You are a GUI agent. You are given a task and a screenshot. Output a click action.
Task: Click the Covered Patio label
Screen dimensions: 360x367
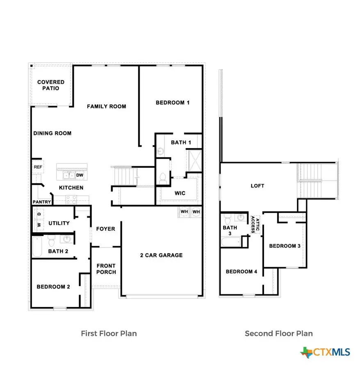pyautogui.click(x=51, y=85)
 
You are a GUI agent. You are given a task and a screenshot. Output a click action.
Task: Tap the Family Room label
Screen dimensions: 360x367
pyautogui.click(x=107, y=106)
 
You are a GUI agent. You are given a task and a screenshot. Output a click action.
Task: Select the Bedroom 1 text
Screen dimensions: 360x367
pyautogui.click(x=173, y=103)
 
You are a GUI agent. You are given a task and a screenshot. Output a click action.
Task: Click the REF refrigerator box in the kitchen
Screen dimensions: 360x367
pyautogui.click(x=38, y=167)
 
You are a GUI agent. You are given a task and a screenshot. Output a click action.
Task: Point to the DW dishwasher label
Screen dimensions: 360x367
pyautogui.click(x=80, y=175)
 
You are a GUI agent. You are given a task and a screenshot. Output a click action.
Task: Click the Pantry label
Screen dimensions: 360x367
pyautogui.click(x=42, y=202)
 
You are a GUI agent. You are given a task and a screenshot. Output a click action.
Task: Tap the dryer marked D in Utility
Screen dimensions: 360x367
pyautogui.click(x=39, y=214)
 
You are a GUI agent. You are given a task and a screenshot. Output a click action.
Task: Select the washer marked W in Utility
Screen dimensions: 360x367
pyautogui.click(x=39, y=225)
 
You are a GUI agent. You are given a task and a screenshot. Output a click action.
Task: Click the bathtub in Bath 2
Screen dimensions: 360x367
pyautogui.click(x=37, y=247)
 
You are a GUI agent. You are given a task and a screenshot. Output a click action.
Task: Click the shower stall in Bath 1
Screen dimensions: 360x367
pyautogui.click(x=195, y=161)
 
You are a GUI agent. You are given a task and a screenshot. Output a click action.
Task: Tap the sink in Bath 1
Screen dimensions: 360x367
pyautogui.click(x=160, y=151)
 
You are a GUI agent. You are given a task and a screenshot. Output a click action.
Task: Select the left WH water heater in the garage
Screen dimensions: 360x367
pyautogui.click(x=184, y=212)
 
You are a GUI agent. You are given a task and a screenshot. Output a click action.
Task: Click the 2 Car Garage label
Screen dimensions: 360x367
pyautogui.click(x=161, y=255)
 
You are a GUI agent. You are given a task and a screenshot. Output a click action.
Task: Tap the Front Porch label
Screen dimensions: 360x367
pyautogui.click(x=106, y=269)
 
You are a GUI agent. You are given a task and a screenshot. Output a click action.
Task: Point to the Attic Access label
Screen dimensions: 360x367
pyautogui.click(x=255, y=225)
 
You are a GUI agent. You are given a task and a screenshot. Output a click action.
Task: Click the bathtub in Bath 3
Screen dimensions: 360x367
pyautogui.click(x=231, y=242)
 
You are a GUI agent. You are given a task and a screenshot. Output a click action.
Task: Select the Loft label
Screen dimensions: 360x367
pyautogui.click(x=257, y=186)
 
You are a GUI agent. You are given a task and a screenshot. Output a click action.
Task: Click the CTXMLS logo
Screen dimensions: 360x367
pyautogui.click(x=325, y=352)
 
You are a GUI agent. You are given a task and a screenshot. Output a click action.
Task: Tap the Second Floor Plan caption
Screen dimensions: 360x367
pyautogui.click(x=279, y=333)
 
